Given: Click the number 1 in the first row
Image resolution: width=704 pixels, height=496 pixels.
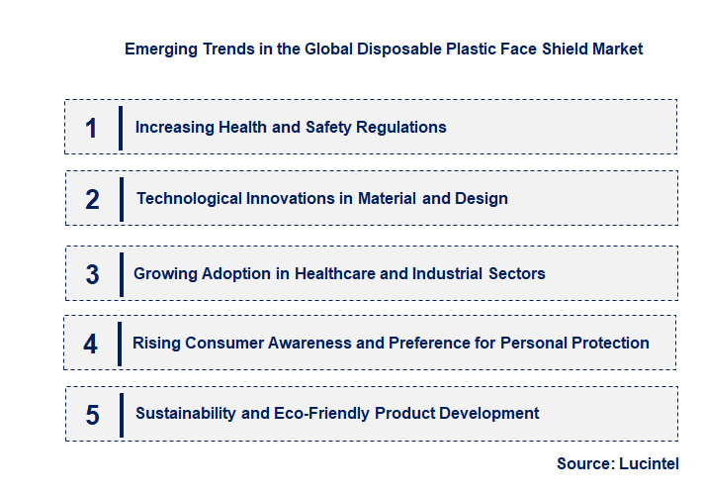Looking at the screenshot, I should pos(92,128).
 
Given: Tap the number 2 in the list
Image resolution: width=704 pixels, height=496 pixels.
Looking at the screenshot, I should pos(92,200).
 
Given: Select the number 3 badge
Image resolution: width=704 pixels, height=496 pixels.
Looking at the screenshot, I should pos(92,274).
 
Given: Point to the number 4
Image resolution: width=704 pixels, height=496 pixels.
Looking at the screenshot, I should pos(91,344).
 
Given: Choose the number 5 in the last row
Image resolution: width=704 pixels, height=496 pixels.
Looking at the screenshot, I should pos(92,415).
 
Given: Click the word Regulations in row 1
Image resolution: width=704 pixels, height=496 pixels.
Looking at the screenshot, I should pos(404,127).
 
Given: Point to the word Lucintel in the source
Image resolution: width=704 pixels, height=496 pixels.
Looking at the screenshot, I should pos(651,463).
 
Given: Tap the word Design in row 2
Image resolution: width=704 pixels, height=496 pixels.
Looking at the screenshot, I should pos(482,198).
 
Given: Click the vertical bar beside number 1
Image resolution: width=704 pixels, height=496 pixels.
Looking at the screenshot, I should pos(120,128).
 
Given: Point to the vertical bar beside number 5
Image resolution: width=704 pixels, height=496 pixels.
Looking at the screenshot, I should pos(121,415).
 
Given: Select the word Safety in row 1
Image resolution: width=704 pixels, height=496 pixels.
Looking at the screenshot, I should pos(301,127).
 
